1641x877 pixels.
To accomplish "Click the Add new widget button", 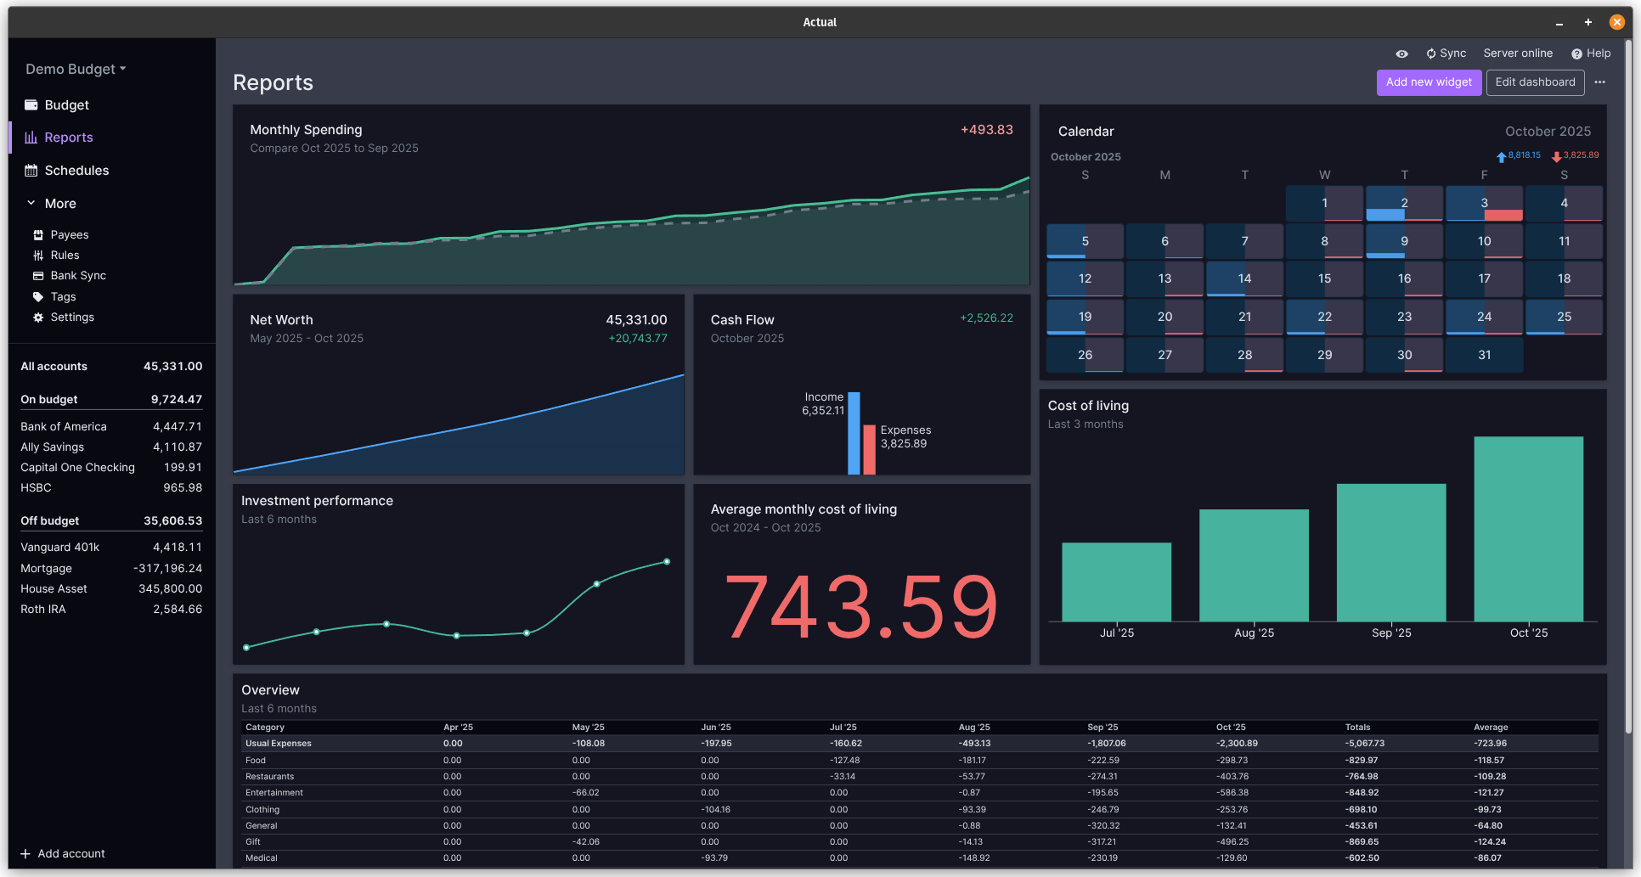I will coord(1429,82).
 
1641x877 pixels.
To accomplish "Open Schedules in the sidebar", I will coord(76,171).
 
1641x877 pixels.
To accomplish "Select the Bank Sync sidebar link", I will coord(78,276).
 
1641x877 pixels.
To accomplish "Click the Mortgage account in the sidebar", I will coord(47,569).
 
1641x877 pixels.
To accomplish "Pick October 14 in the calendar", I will coord(1244,278).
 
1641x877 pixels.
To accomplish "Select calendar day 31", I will coord(1484,355).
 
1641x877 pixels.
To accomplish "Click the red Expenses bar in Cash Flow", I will coord(869,449).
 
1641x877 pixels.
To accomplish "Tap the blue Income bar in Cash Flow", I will coord(854,433).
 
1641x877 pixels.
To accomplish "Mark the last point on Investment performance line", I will coord(667,562).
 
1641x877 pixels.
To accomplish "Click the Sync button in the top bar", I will coord(1446,53).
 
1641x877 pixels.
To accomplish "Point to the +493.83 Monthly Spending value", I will coord(986,130).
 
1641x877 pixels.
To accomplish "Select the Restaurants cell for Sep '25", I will coord(1102,777).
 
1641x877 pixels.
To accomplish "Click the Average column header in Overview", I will coord(1491,728).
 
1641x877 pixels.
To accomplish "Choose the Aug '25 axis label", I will coord(1254,633).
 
